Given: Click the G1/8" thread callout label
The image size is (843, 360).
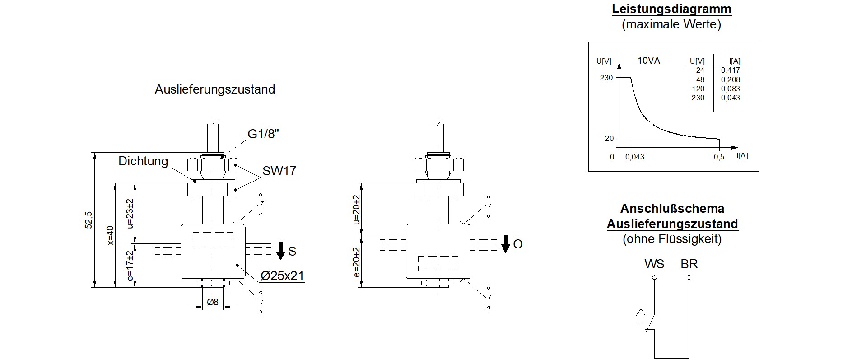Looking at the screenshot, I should pyautogui.click(x=264, y=134).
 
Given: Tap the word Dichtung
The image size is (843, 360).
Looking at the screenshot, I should pyautogui.click(x=143, y=161).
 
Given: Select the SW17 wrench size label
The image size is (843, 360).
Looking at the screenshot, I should pyautogui.click(x=279, y=171).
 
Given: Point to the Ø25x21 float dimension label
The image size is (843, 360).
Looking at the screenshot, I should pyautogui.click(x=283, y=276).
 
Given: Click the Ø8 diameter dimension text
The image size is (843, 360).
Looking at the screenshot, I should pyautogui.click(x=212, y=302).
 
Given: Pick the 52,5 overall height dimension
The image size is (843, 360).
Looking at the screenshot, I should pyautogui.click(x=88, y=220).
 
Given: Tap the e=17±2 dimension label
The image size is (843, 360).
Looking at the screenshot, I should pyautogui.click(x=130, y=266).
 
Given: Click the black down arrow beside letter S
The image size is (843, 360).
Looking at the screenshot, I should pyautogui.click(x=280, y=251).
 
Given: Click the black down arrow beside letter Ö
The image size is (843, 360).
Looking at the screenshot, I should pyautogui.click(x=506, y=244).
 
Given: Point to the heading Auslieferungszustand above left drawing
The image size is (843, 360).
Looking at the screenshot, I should pyautogui.click(x=215, y=89).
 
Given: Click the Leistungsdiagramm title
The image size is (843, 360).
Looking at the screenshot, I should pyautogui.click(x=671, y=9).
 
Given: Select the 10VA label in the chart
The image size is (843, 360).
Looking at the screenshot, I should pyautogui.click(x=648, y=61).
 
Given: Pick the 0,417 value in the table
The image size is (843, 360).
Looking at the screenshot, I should pyautogui.click(x=730, y=70).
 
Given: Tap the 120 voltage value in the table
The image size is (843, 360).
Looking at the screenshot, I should pyautogui.click(x=698, y=89).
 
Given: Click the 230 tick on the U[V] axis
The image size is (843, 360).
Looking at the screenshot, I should pyautogui.click(x=606, y=78).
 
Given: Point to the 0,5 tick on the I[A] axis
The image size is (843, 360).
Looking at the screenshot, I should pyautogui.click(x=719, y=157).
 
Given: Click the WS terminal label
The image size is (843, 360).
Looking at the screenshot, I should pyautogui.click(x=654, y=264).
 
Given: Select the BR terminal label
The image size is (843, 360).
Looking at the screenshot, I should pyautogui.click(x=689, y=264).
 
